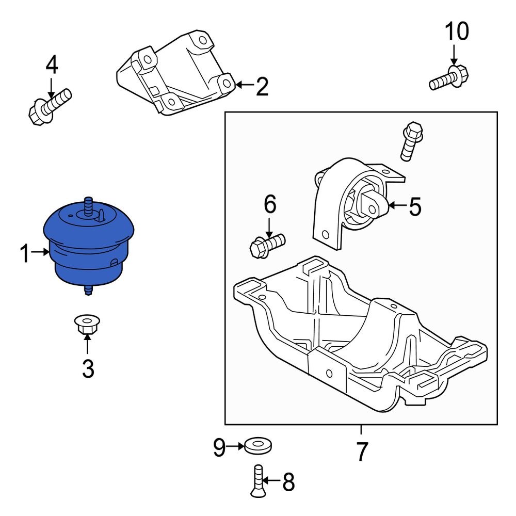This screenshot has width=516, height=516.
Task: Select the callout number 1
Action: (25, 254)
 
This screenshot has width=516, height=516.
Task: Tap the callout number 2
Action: (262, 87)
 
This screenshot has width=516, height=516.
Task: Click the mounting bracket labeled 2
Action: (175, 75)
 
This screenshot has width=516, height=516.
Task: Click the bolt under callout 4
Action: (49, 106)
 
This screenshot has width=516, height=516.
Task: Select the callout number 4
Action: (52, 66)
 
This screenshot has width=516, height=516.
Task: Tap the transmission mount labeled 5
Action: (351, 204)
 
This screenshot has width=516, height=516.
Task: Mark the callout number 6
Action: (270, 204)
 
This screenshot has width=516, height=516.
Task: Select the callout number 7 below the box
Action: (361, 453)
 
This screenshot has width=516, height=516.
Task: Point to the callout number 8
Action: (288, 482)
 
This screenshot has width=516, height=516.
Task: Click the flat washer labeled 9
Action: (258, 445)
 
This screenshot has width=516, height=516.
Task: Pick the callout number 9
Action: (220, 448)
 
